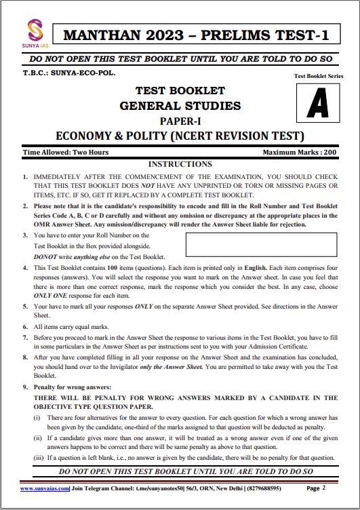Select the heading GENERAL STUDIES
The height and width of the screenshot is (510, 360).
point(180,105)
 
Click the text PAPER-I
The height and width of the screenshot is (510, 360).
point(180,120)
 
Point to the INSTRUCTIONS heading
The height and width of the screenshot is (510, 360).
point(180,164)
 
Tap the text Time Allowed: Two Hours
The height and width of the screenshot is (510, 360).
point(66,153)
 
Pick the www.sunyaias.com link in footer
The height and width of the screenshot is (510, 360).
point(45,488)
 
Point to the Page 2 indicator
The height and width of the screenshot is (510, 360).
point(317,488)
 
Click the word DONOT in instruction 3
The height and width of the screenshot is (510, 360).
point(46,257)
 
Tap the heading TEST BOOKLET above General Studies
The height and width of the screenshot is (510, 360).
point(180,91)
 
